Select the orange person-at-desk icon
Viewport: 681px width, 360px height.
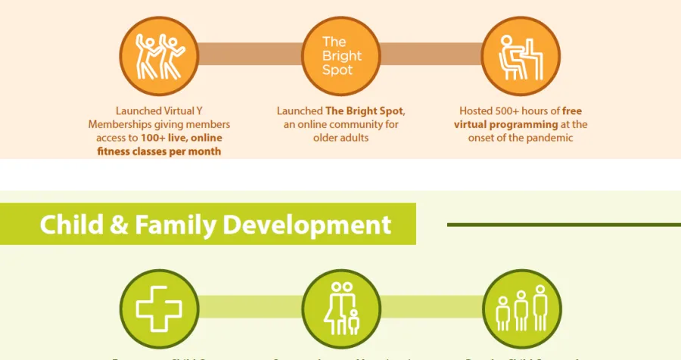[521, 55]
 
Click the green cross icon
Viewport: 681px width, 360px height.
[159, 309]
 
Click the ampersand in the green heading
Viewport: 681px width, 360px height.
[117, 225]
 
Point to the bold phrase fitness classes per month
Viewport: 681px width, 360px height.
[159, 151]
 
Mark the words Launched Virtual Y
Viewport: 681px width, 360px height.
[159, 110]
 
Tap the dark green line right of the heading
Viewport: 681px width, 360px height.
[564, 225]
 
